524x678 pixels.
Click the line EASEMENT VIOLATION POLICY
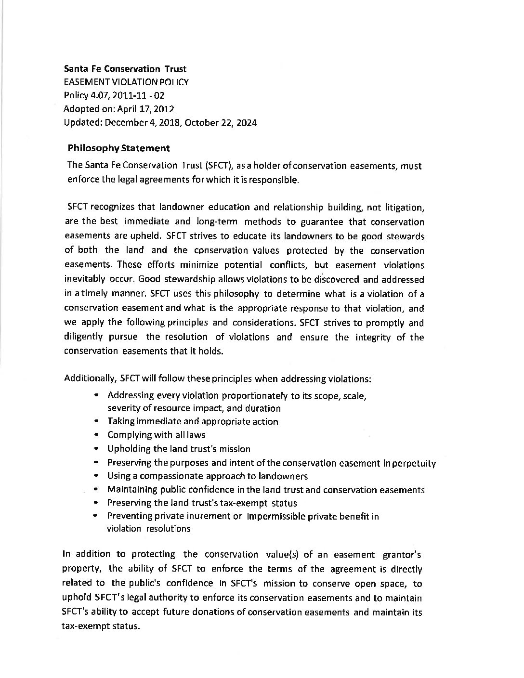(x=126, y=82)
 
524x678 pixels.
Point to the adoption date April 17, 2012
(x=143, y=109)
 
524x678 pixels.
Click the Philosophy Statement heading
(x=118, y=148)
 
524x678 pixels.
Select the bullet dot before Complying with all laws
(x=97, y=435)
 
